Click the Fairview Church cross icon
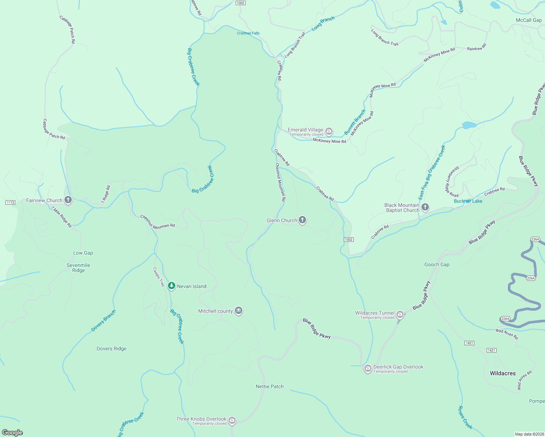[x=68, y=200]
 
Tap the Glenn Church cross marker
[x=302, y=220]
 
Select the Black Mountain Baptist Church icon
[x=425, y=208]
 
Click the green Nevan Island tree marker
[x=171, y=286]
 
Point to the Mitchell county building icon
[x=239, y=311]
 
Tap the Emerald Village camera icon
[x=329, y=131]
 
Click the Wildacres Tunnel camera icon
[x=400, y=314]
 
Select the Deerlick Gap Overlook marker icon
[x=368, y=369]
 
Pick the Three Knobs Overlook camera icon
[x=232, y=421]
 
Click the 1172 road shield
[x=10, y=202]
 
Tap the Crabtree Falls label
[x=248, y=33]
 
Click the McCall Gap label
[x=529, y=20]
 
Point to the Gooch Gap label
[x=437, y=265]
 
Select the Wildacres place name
[x=503, y=373]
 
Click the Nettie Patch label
[x=270, y=386]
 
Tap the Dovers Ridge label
[x=111, y=349]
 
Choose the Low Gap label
[x=83, y=253]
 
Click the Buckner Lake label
[x=468, y=201]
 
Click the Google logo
[x=12, y=433]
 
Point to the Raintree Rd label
[x=477, y=47]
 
